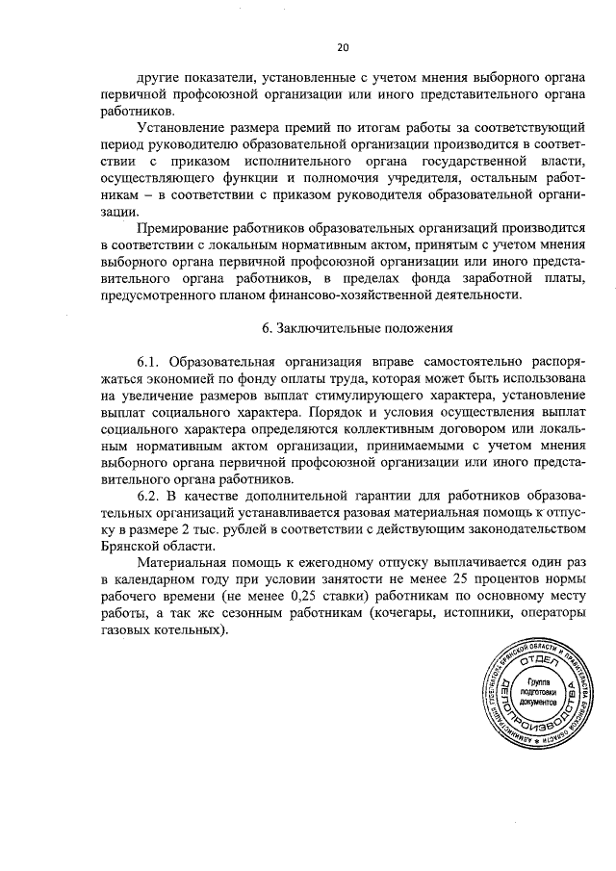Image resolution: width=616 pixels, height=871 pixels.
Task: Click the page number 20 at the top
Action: click(342, 46)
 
